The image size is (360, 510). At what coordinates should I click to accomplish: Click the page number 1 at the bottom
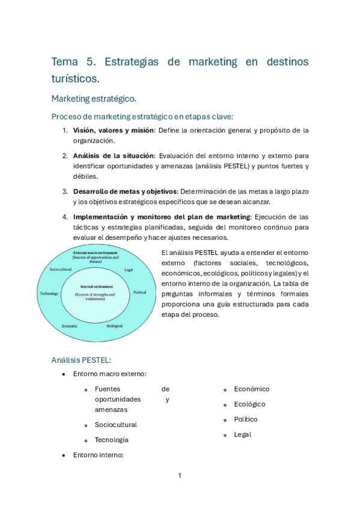[x=180, y=476]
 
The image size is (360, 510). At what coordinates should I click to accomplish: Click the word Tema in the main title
[x=65, y=62]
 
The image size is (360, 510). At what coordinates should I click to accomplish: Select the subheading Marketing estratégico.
[x=94, y=98]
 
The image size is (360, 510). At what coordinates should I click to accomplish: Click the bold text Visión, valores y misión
[x=113, y=130]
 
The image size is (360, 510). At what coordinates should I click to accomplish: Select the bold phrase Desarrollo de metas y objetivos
[x=125, y=191]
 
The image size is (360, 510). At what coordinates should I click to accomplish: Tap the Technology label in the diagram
[x=49, y=293]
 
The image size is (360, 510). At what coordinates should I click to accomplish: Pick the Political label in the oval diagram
[x=139, y=292]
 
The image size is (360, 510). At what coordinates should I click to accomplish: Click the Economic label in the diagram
[x=69, y=325]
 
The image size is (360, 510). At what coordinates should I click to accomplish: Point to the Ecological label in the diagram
[x=115, y=325]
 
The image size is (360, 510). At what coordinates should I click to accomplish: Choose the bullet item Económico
[x=252, y=389]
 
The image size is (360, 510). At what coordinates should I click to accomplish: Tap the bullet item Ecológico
[x=249, y=404]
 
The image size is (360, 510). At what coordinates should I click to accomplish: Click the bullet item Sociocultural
[x=115, y=425]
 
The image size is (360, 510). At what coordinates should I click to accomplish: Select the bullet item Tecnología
[x=112, y=440]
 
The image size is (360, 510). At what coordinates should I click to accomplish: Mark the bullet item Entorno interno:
[x=98, y=455]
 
